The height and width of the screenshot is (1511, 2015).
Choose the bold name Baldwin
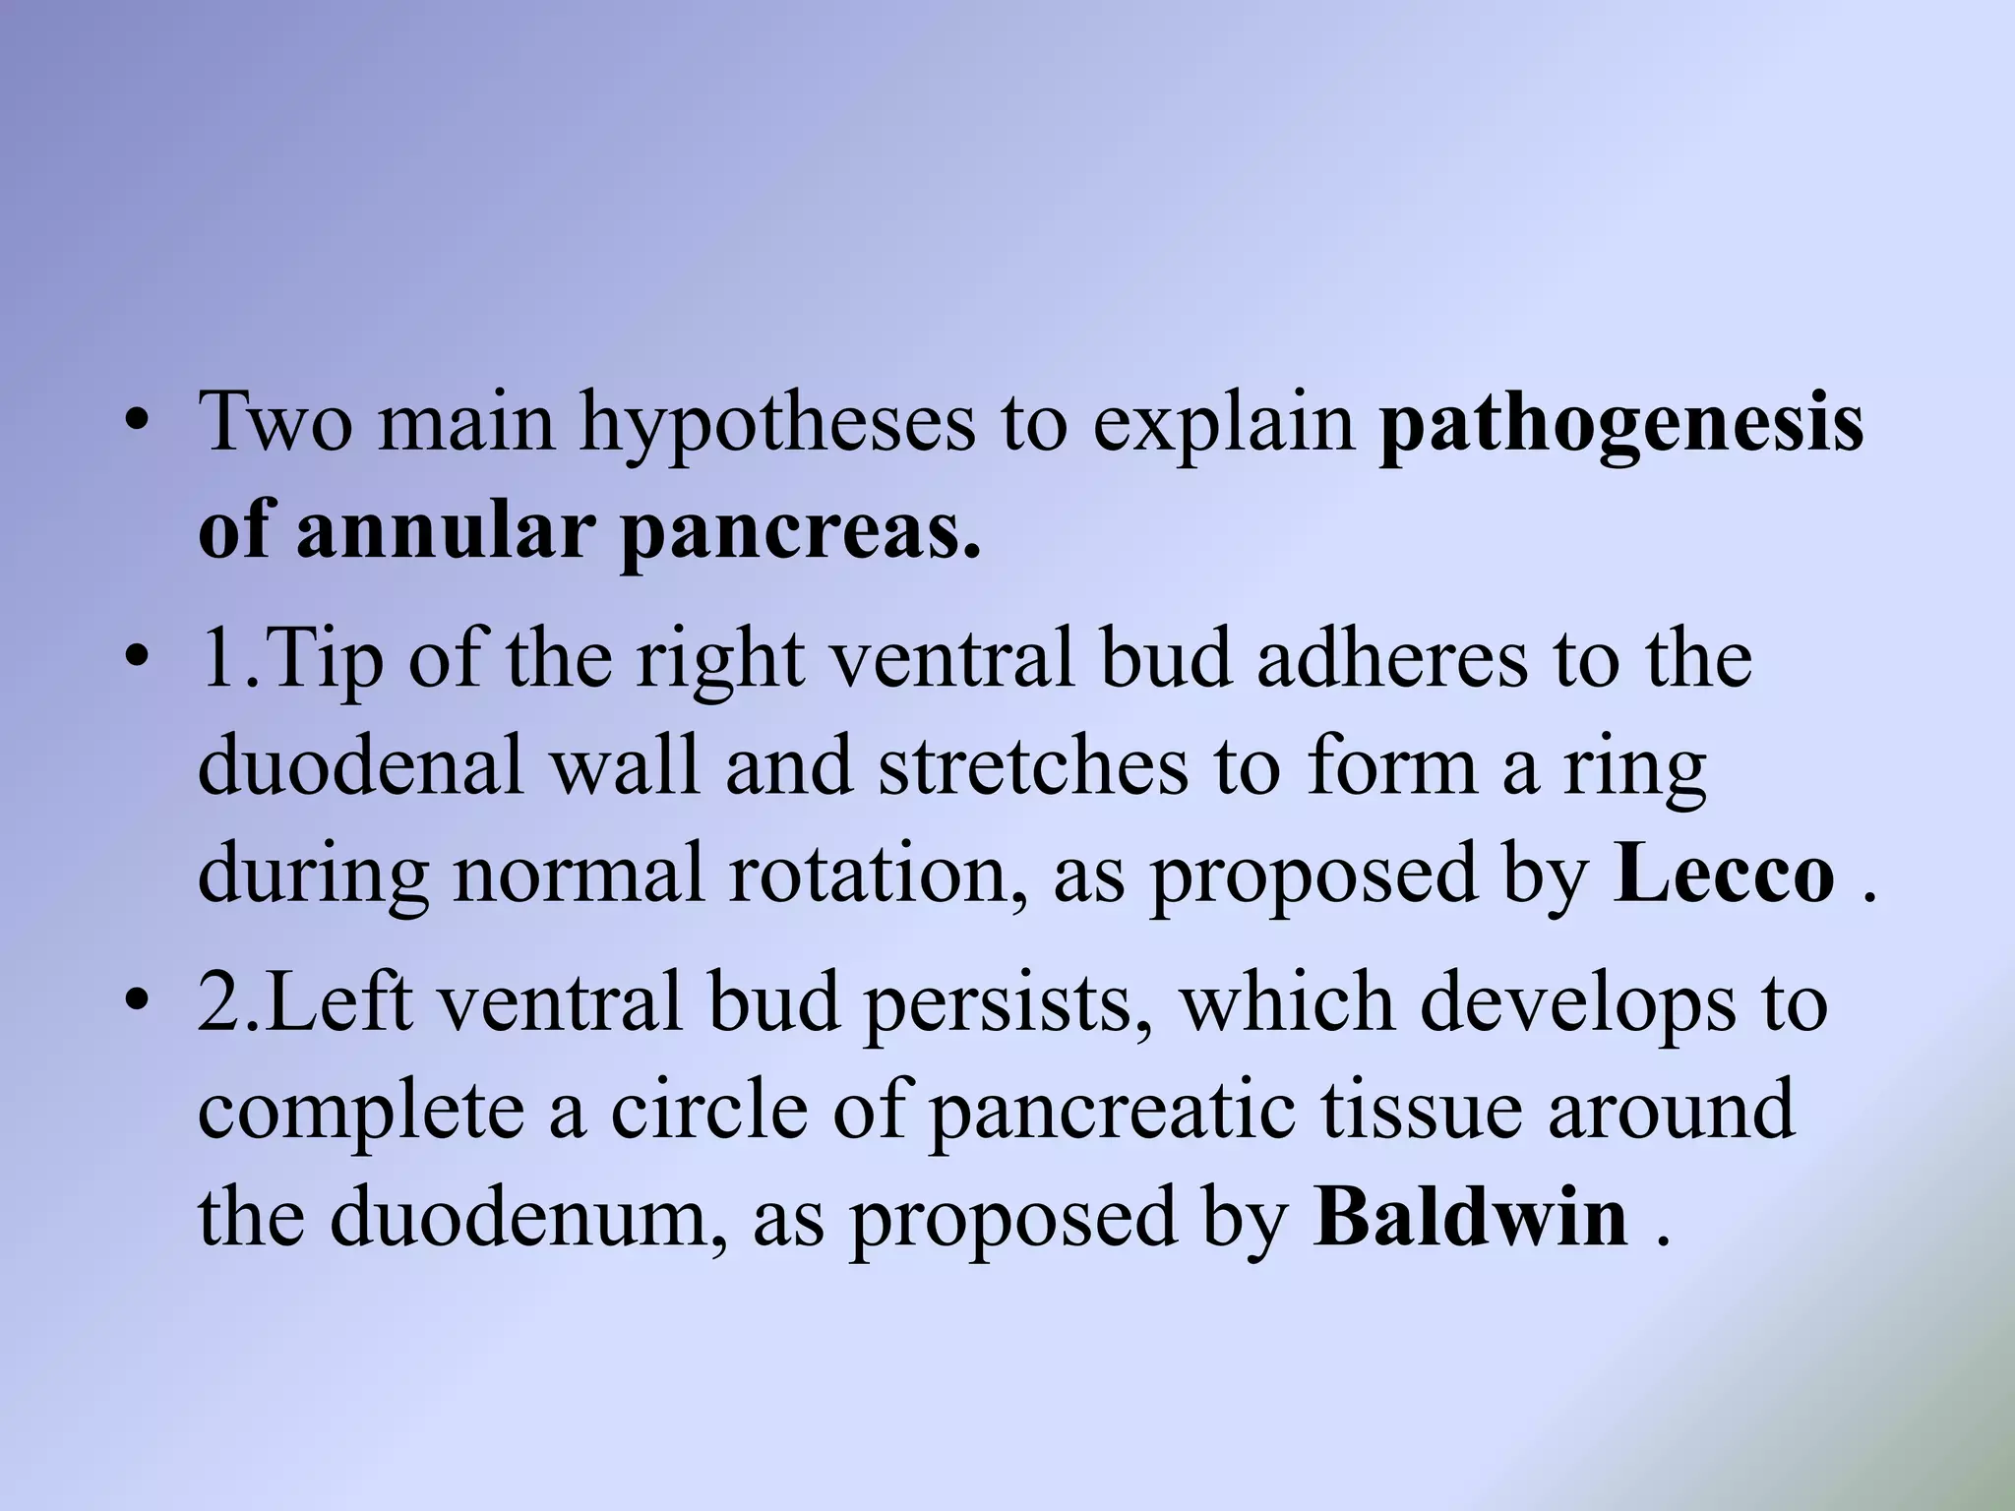1470,1217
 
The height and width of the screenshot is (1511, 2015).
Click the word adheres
1392,658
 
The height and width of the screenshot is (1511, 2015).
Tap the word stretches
1032,765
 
